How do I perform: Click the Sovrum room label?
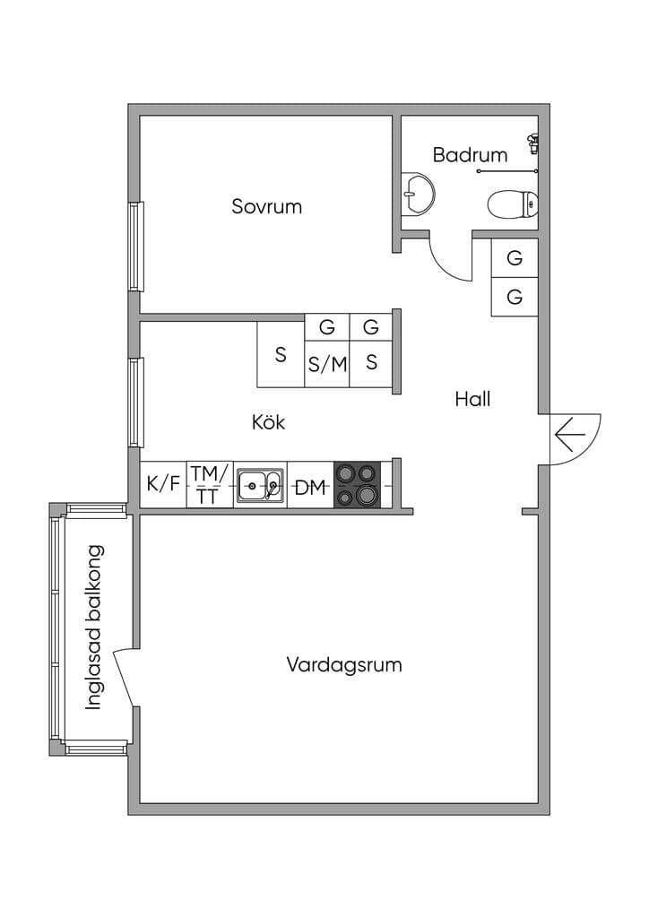[x=266, y=206]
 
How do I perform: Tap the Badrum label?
[x=470, y=154]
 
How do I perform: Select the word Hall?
[x=472, y=399]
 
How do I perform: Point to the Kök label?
[x=268, y=421]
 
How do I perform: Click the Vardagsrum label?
[x=344, y=665]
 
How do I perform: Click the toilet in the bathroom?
[x=514, y=204]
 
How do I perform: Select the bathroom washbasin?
[x=419, y=194]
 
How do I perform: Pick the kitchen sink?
[x=260, y=485]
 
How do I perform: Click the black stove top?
[x=357, y=484]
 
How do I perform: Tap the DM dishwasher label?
[x=309, y=487]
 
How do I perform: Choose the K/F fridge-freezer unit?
[x=162, y=485]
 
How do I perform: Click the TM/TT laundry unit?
[x=210, y=485]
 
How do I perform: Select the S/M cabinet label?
[x=328, y=364]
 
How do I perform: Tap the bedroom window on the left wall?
[x=135, y=247]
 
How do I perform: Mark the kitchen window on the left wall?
[x=135, y=403]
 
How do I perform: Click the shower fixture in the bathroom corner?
[x=532, y=143]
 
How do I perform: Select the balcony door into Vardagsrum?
[x=125, y=680]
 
